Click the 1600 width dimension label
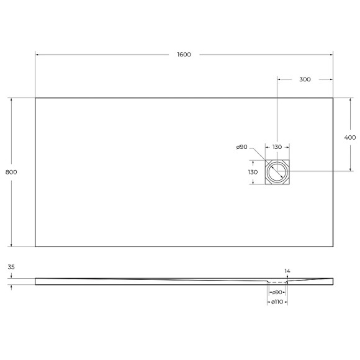click(x=184, y=55)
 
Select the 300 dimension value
click(x=305, y=79)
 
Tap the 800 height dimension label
click(x=11, y=172)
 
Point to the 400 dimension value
click(x=349, y=137)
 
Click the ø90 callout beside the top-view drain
click(x=242, y=147)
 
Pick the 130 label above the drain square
click(x=277, y=147)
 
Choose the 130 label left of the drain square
click(x=253, y=172)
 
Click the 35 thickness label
click(x=11, y=267)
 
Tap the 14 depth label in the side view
click(x=286, y=271)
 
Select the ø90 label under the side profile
click(x=277, y=292)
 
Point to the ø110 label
click(x=277, y=302)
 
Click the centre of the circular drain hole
click(x=277, y=172)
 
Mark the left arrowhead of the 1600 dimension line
click(x=37, y=55)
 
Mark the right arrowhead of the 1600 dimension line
click(x=331, y=55)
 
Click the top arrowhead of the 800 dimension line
click(x=11, y=99)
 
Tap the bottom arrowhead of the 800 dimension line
click(x=11, y=245)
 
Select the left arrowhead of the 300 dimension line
click(x=279, y=79)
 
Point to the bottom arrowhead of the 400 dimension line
click(x=349, y=170)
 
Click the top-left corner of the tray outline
click(x=35, y=98)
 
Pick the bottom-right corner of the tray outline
click(x=333, y=246)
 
